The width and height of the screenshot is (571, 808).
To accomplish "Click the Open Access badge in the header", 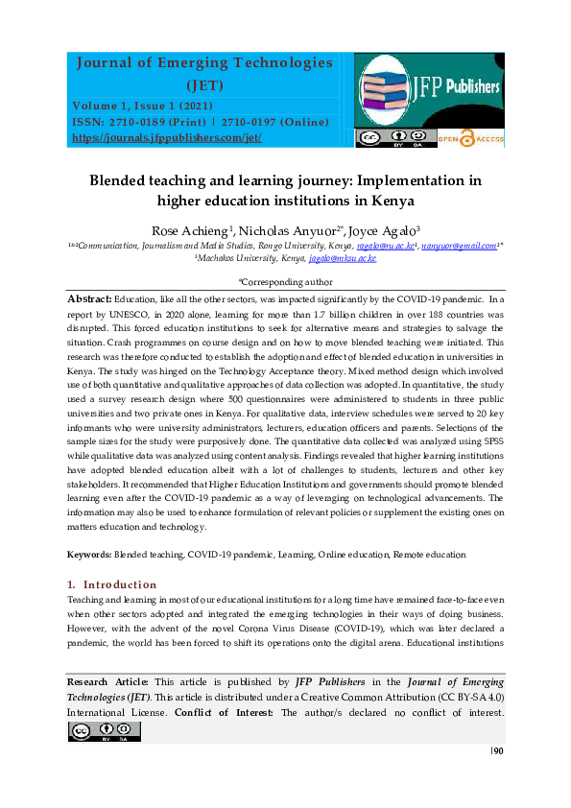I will click(470, 138).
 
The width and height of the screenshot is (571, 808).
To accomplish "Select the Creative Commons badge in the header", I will click(380, 138).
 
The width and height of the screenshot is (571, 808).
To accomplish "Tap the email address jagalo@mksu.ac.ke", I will click(341, 258).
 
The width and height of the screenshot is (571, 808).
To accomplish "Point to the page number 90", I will click(498, 750).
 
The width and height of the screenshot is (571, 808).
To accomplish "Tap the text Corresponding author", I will click(286, 283).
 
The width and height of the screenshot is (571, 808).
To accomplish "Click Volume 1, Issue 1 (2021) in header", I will click(139, 105).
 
